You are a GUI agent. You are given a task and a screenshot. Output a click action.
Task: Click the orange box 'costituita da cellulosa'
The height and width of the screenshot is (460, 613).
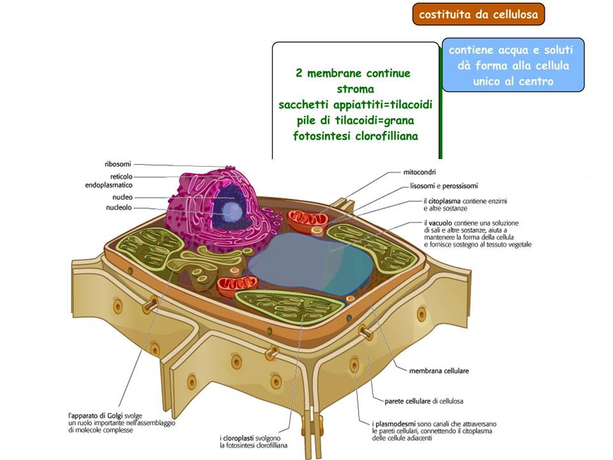click(478, 14)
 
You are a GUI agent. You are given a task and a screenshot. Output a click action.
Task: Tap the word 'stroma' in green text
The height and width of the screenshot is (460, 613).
click(355, 89)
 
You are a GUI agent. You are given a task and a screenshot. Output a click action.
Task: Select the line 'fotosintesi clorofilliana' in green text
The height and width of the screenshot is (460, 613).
click(355, 135)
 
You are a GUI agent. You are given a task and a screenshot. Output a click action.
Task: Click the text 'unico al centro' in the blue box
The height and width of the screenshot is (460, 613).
click(513, 81)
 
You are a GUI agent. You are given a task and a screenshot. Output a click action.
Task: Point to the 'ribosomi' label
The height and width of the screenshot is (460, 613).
click(117, 164)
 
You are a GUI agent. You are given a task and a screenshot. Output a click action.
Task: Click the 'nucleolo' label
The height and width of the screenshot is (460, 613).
click(119, 207)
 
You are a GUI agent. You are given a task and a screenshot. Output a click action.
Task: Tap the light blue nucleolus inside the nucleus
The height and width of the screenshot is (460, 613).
click(232, 211)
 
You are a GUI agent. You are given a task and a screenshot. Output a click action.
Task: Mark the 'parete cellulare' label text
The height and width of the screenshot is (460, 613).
click(407, 401)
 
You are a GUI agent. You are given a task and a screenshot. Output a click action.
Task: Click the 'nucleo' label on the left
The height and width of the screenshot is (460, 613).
click(123, 197)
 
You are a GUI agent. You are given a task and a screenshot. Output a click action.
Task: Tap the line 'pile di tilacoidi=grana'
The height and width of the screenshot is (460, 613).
click(355, 120)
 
